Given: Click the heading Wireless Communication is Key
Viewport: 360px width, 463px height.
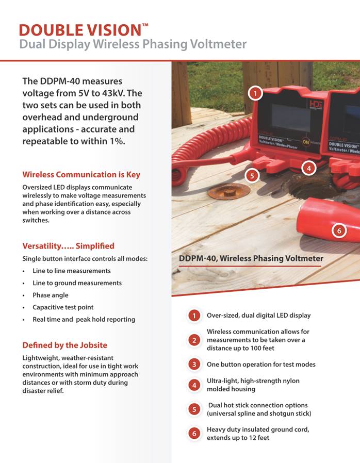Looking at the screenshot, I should click(x=81, y=174).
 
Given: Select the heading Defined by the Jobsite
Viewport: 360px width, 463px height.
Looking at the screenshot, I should click(x=64, y=345).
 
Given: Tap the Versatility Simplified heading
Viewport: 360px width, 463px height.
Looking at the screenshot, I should click(x=68, y=245).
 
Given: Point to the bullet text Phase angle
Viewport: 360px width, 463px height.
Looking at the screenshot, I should click(x=50, y=295).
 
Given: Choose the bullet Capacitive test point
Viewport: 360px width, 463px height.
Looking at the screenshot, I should click(x=63, y=307).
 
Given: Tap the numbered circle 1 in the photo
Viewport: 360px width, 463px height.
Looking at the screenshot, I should click(x=255, y=93).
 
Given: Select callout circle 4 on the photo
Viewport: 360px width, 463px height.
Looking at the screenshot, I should click(x=308, y=168).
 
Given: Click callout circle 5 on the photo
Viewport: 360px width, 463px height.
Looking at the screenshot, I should click(x=252, y=175).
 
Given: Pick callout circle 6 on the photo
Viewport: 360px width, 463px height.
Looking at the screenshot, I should click(x=338, y=230).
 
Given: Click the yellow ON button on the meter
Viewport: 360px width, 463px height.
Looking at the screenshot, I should click(x=306, y=141).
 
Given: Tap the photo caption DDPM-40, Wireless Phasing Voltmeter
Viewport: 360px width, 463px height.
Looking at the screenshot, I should click(x=251, y=258).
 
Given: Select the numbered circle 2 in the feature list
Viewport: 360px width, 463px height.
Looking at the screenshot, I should click(x=194, y=340).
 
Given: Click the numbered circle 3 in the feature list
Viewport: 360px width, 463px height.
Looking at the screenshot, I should click(x=194, y=364).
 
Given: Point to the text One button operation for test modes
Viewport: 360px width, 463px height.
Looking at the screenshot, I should click(x=261, y=364).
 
